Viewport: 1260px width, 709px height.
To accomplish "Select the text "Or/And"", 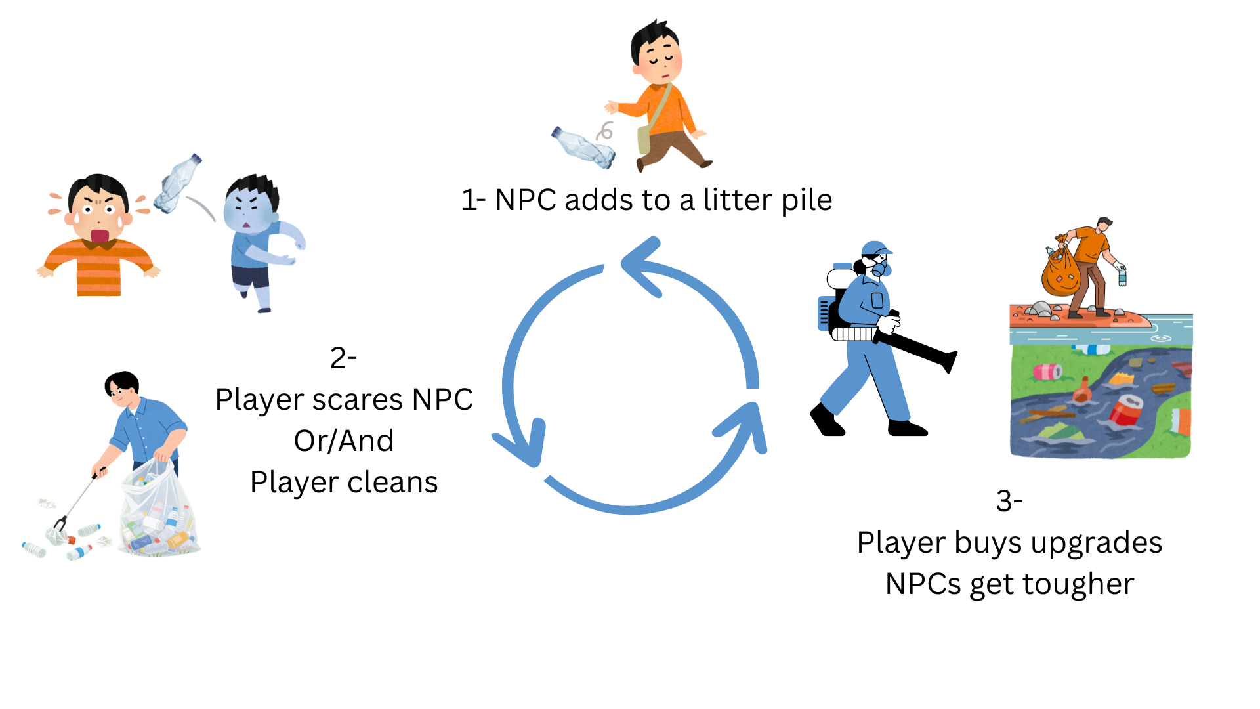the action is tap(344, 440).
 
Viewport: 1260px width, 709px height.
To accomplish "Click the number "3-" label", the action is tap(1009, 501).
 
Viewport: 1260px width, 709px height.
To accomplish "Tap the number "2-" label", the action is tap(343, 358).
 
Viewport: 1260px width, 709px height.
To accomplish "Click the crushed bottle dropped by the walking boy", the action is tap(583, 147).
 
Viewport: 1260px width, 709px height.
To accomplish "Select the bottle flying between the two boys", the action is tap(177, 183).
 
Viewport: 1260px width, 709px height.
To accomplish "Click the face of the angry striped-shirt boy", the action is tap(98, 213).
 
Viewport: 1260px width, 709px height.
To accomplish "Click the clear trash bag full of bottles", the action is tap(158, 508).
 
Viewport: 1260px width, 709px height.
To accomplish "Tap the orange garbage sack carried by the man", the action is tap(1060, 270).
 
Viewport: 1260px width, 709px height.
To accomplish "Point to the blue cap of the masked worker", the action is tap(876, 248).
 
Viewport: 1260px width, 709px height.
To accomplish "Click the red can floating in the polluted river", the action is tap(1126, 410).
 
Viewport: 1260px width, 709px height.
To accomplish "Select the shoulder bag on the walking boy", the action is tap(644, 139).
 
